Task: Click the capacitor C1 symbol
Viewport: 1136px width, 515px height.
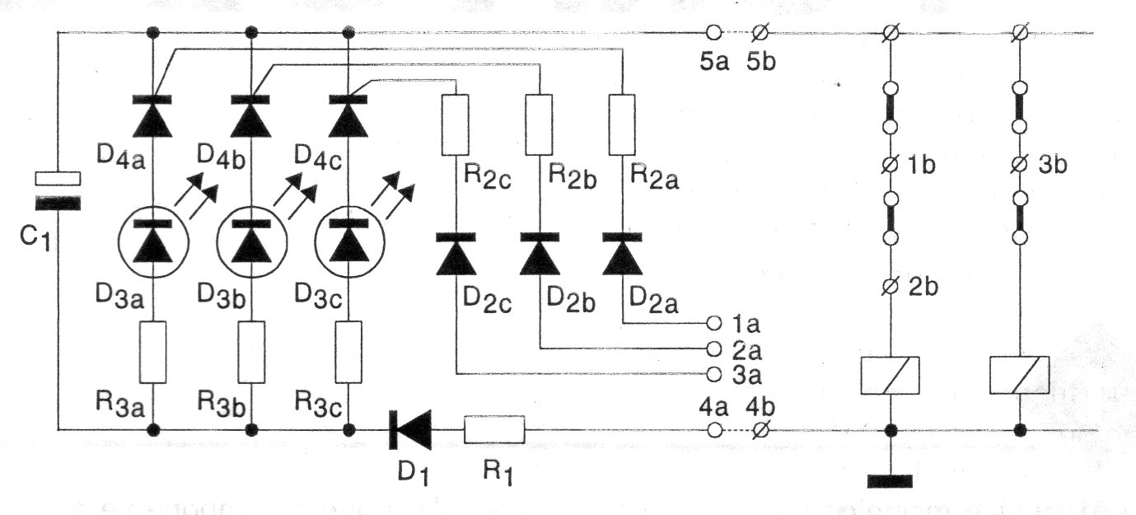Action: pyautogui.click(x=58, y=190)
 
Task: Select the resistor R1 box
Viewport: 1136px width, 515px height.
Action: pyautogui.click(x=494, y=429)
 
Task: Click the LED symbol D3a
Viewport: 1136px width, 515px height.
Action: pyautogui.click(x=154, y=241)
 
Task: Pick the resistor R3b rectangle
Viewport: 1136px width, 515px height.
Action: pyautogui.click(x=252, y=352)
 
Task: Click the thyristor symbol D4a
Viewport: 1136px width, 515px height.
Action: pyautogui.click(x=154, y=115)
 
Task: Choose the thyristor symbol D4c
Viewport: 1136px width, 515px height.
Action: pyautogui.click(x=350, y=115)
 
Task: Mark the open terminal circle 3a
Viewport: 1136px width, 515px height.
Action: pyautogui.click(x=714, y=375)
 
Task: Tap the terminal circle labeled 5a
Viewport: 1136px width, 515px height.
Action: pyautogui.click(x=713, y=33)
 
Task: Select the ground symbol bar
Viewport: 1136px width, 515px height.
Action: pyautogui.click(x=890, y=480)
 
